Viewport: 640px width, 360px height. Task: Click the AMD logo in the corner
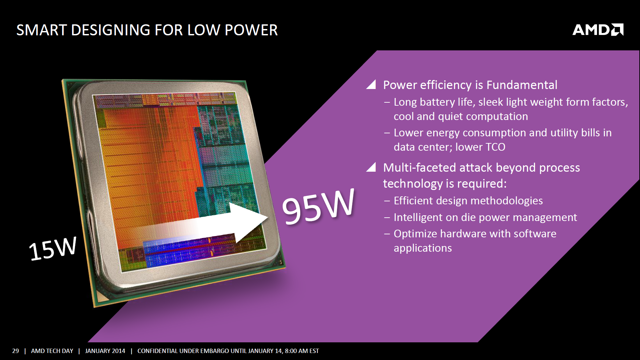598,30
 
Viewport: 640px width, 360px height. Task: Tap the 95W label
318,206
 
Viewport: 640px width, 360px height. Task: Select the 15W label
53,248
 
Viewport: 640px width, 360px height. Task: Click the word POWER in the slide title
251,30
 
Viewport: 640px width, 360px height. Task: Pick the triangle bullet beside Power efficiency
371,84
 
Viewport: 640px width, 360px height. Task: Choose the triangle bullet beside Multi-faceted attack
371,167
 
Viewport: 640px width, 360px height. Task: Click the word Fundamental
522,85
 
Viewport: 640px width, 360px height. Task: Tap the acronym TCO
495,147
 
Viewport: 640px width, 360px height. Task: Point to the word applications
423,248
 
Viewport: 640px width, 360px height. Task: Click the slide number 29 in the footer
15,351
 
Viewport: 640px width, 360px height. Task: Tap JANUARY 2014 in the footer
105,351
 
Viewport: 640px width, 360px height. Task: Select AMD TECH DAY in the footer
52,351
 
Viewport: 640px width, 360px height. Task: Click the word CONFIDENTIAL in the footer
158,351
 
